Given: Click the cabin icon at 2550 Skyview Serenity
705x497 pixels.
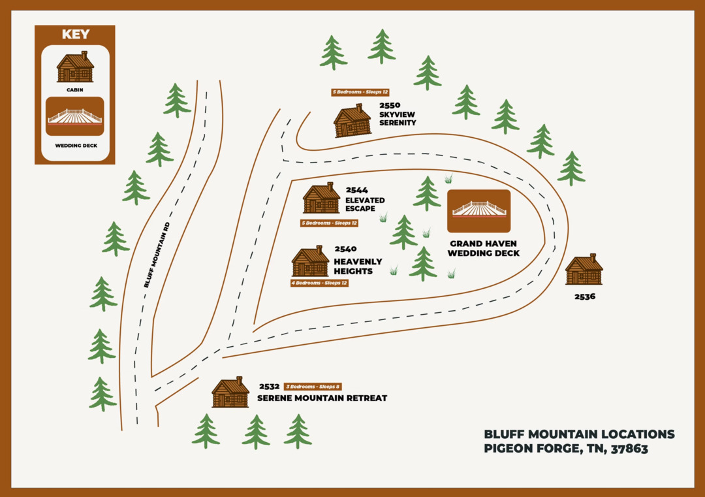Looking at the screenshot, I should [x=352, y=121].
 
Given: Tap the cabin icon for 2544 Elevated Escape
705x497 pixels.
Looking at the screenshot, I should [x=321, y=199].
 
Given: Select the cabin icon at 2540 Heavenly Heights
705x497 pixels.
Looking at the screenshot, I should [x=310, y=262].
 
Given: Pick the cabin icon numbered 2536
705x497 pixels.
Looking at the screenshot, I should [x=584, y=270].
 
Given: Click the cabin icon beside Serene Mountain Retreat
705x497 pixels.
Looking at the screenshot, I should [x=230, y=393].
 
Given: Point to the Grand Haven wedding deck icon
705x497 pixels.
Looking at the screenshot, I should [x=478, y=210].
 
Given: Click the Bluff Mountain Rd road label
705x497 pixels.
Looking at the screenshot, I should [x=157, y=255].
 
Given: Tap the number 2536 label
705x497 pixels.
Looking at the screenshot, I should [x=584, y=296].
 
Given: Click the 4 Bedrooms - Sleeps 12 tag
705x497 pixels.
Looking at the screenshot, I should [x=319, y=283].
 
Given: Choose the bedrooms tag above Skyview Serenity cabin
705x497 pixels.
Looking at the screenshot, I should [x=360, y=92].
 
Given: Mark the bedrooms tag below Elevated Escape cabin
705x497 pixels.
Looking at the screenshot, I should [x=330, y=223].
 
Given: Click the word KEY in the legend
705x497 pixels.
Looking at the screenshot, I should [x=75, y=35].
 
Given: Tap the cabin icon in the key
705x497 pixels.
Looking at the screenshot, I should [x=75, y=67].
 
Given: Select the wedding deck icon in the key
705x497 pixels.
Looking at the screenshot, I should [x=75, y=117].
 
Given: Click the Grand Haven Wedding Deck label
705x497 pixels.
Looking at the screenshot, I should [x=484, y=248].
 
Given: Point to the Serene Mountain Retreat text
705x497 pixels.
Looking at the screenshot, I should [x=322, y=398].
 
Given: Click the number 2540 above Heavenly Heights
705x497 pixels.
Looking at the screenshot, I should [x=345, y=249].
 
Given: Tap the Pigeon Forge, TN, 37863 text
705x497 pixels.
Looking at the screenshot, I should [x=565, y=449].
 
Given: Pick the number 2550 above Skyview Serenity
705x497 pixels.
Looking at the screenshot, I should [x=390, y=104].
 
